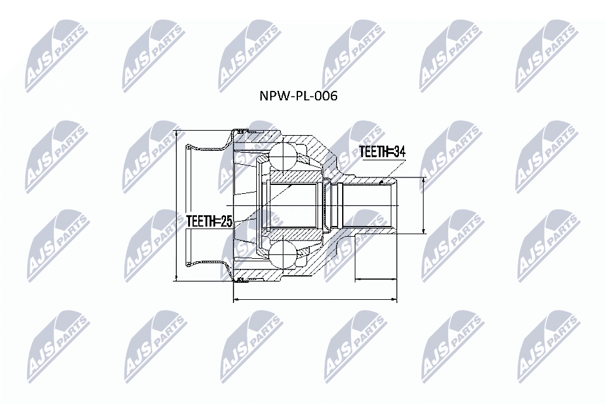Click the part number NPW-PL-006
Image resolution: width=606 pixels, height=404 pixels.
point(299,97)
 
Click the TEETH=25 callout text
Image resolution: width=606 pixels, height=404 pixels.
point(210,222)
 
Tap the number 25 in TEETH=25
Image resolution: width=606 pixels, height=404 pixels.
point(225,222)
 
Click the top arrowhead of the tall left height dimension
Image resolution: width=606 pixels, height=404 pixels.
point(176,133)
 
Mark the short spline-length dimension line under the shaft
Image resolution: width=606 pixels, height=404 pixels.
point(377,278)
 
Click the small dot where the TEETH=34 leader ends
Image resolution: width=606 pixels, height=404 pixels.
point(383,181)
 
